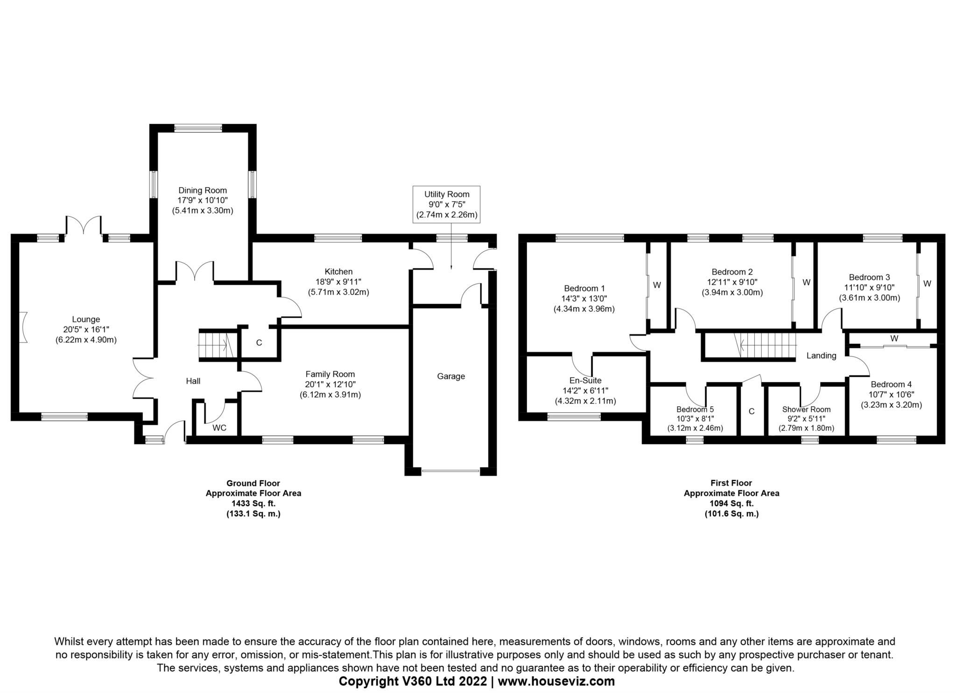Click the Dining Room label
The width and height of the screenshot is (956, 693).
(203, 190)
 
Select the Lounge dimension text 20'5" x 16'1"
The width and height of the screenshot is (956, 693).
(86, 330)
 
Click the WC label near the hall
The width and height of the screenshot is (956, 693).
(219, 428)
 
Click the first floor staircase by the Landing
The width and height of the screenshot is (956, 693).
(765, 346)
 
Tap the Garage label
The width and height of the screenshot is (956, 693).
(451, 376)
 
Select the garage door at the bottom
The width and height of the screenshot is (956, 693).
(450, 471)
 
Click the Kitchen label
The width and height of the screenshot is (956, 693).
(338, 272)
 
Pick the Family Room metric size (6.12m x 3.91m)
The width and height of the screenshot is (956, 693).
(330, 395)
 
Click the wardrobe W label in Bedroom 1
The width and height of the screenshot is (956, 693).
(657, 285)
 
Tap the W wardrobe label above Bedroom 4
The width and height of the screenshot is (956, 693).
(894, 339)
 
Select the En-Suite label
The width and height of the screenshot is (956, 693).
(585, 380)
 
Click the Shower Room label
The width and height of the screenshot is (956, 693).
(806, 410)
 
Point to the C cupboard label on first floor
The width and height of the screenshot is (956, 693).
(752, 411)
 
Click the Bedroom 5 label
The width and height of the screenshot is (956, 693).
(695, 410)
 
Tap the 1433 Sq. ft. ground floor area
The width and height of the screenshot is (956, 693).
(253, 504)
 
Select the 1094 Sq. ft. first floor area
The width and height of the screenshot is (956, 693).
(731, 504)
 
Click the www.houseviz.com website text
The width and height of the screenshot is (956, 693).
(556, 681)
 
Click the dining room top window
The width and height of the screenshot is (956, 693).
(198, 128)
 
